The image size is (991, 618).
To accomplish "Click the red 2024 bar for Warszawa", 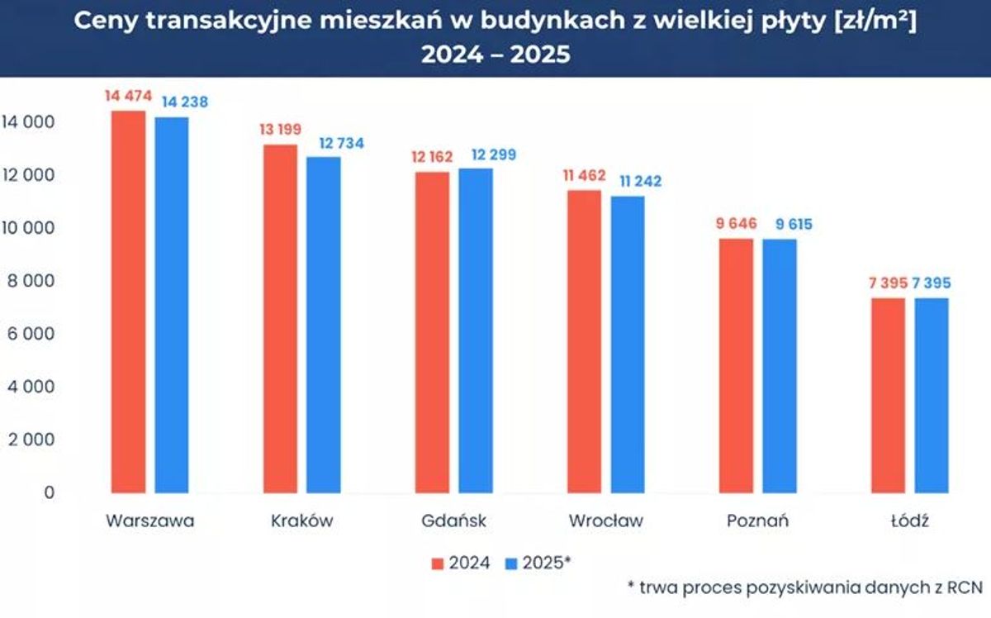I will pyautogui.click(x=128, y=302).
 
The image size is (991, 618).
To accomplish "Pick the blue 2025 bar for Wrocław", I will pyautogui.click(x=628, y=344).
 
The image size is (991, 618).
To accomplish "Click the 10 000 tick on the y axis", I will pyautogui.click(x=28, y=228).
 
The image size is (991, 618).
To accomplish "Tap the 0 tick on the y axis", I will pyautogui.click(x=49, y=492).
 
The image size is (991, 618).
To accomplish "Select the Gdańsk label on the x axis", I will pyautogui.click(x=453, y=521).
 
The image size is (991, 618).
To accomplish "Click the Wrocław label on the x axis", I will pyautogui.click(x=605, y=521).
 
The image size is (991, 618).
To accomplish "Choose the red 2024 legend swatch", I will pyautogui.click(x=438, y=563).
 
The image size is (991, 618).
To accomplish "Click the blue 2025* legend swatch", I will pyautogui.click(x=511, y=563).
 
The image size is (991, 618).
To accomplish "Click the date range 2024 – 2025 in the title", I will pyautogui.click(x=495, y=55).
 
